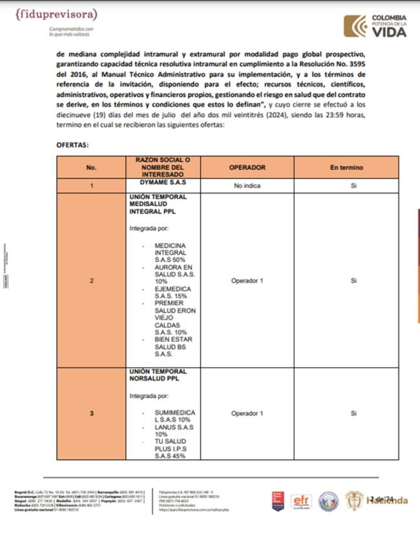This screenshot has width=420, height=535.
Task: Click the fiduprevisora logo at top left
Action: [x=57, y=14]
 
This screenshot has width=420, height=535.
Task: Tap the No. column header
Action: [x=91, y=167]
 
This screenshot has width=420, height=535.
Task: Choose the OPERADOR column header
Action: [x=247, y=167]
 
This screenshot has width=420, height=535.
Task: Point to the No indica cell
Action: [x=247, y=185]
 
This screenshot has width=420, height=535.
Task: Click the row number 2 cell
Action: [x=91, y=281]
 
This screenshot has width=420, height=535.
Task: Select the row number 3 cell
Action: [x=91, y=413]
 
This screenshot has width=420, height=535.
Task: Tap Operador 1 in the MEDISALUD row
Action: [x=247, y=281]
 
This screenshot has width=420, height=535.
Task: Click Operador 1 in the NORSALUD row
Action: [x=247, y=413]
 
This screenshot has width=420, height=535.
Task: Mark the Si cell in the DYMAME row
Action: [x=353, y=185]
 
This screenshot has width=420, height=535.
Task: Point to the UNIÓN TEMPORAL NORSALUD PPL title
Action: [x=158, y=375]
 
